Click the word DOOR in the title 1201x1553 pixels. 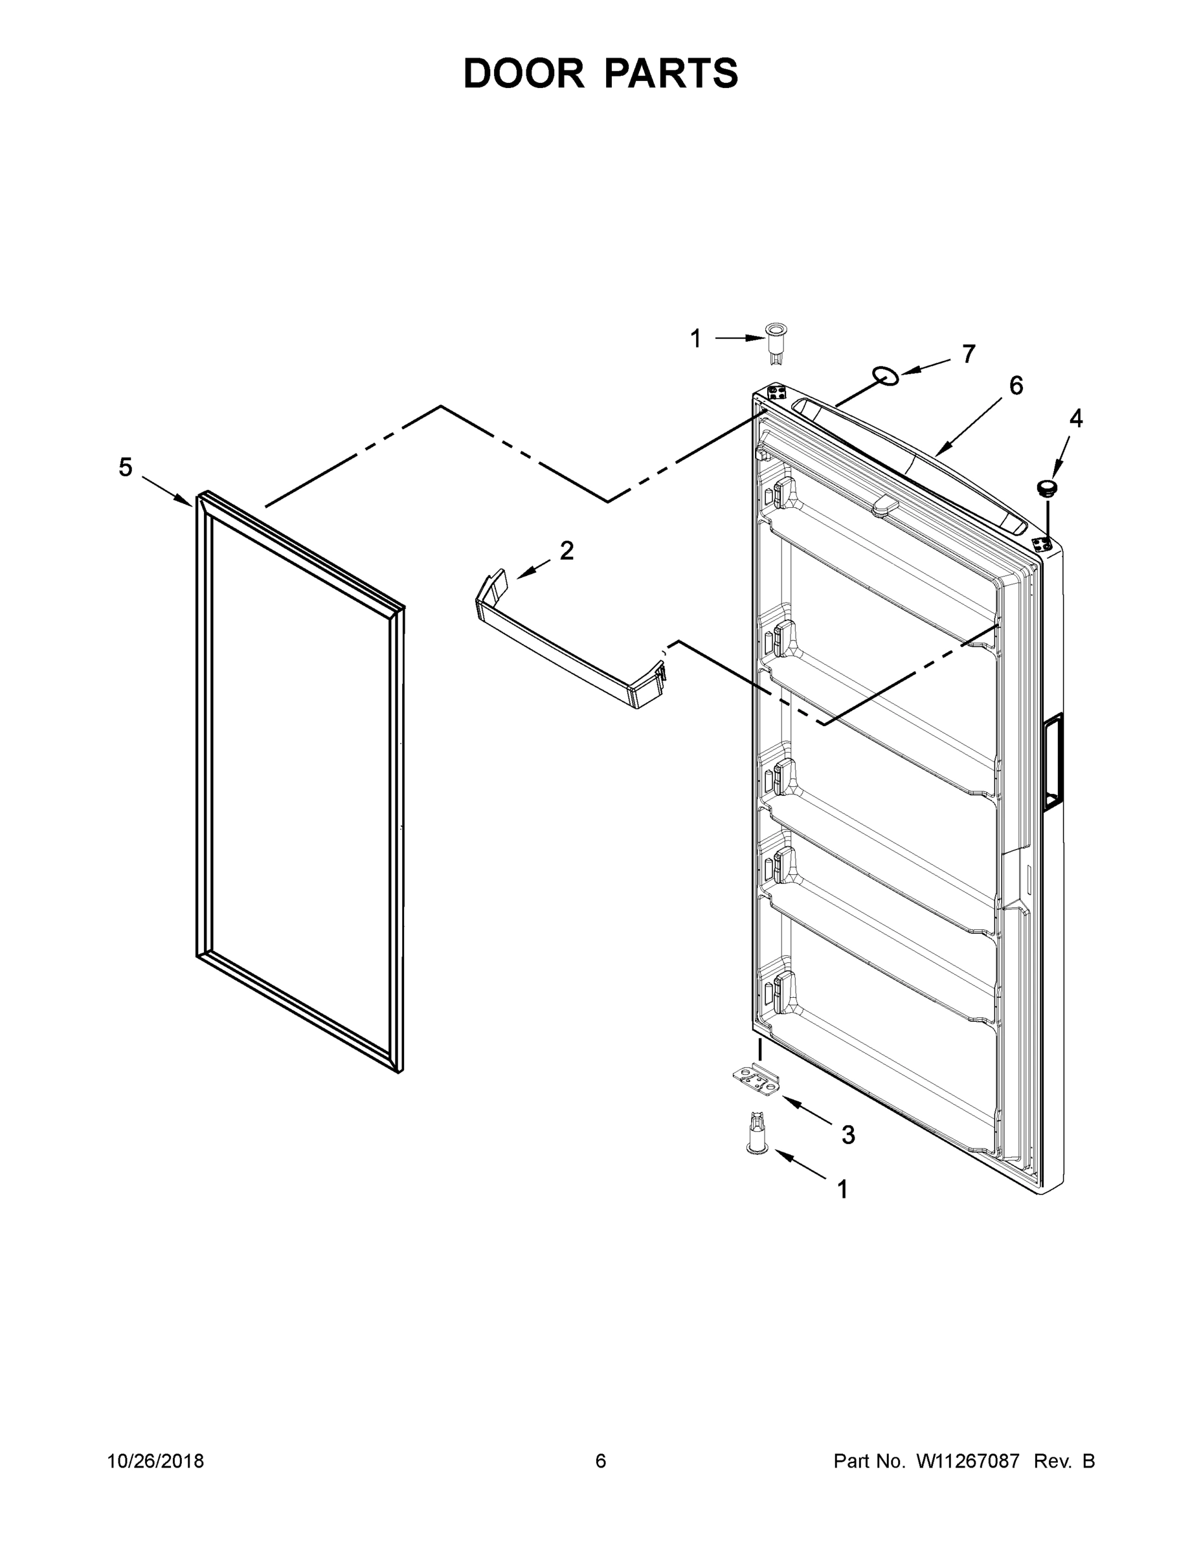click(x=524, y=73)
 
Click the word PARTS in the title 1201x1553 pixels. click(x=671, y=73)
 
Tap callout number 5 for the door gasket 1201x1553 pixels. click(x=125, y=467)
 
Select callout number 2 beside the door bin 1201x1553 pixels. click(x=567, y=551)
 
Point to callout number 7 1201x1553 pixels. click(x=969, y=353)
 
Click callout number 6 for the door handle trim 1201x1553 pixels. click(x=1016, y=386)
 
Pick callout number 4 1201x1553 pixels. click(x=1076, y=419)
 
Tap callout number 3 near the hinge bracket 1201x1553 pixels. click(x=848, y=1135)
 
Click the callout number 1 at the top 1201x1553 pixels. click(x=696, y=339)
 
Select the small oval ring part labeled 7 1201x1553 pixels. click(x=886, y=376)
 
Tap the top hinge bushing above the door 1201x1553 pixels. click(x=776, y=341)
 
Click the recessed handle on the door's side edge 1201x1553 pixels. click(x=1051, y=762)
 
